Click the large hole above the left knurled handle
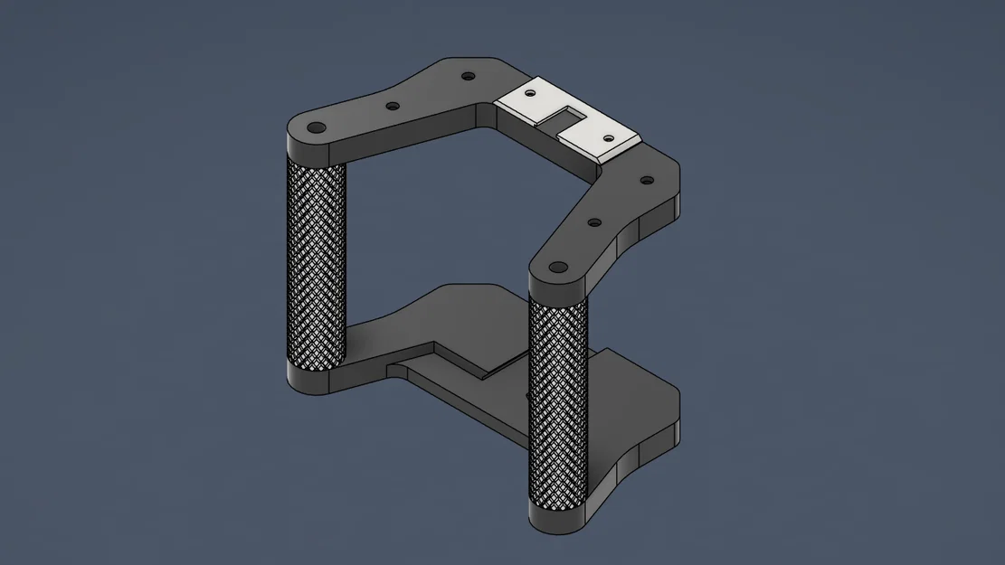pos(317,127)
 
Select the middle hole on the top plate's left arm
pos(392,106)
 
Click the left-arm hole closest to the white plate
pos(467,77)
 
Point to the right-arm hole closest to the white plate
pos(646,180)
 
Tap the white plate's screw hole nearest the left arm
pos(530,92)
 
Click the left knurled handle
pos(316,262)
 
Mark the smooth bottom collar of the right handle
pos(557,518)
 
